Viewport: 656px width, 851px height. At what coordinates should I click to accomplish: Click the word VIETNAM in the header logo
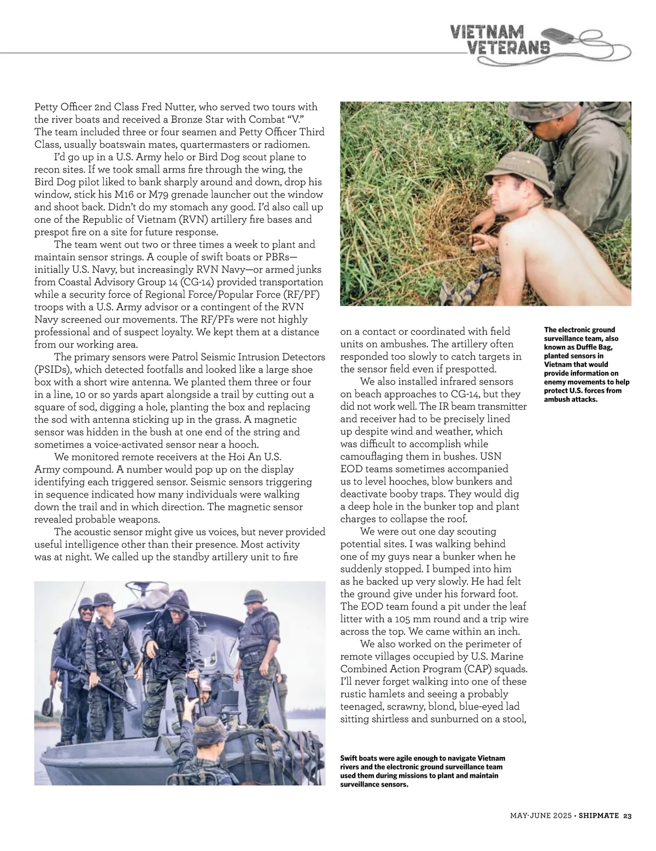click(x=487, y=32)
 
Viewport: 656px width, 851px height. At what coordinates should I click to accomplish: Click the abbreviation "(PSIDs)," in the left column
click(x=55, y=370)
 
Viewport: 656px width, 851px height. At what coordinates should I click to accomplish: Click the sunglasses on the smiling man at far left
click(x=86, y=605)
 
